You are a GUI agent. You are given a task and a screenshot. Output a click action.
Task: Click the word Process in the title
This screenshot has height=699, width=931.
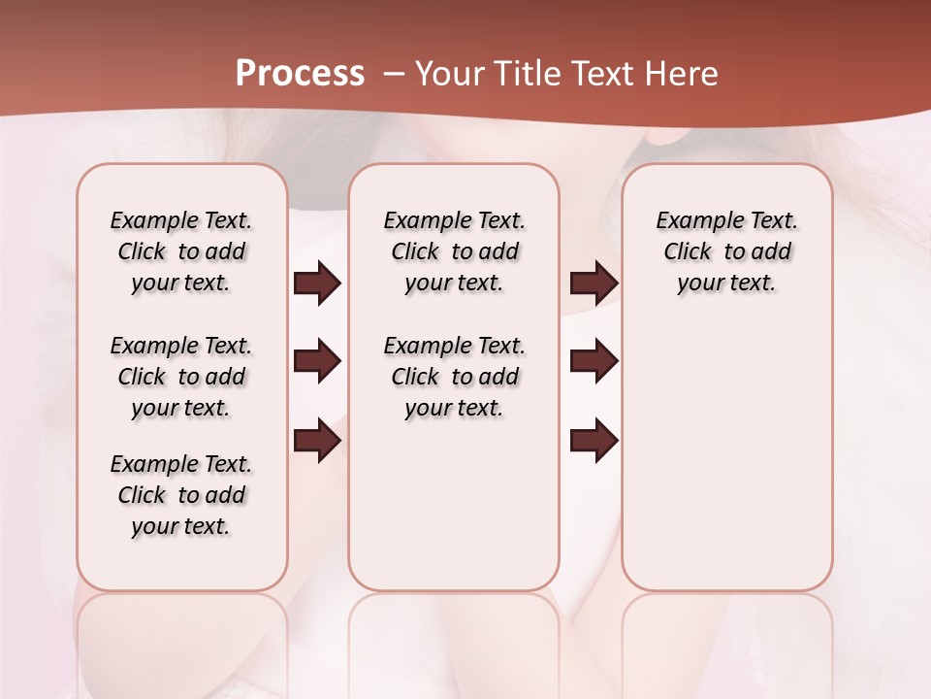300,74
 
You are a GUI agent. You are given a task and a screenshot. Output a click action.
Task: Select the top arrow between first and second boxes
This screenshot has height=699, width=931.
317,283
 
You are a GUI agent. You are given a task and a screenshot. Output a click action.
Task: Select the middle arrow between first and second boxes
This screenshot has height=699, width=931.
317,362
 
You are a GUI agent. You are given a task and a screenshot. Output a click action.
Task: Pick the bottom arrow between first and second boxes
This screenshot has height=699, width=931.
317,441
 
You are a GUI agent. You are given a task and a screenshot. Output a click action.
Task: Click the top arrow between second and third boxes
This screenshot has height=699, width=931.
594,283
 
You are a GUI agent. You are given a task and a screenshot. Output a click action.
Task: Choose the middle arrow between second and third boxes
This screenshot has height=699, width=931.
594,362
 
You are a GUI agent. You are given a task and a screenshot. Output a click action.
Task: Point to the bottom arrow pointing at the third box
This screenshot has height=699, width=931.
594,441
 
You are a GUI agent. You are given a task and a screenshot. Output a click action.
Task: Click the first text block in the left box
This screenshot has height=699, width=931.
181,251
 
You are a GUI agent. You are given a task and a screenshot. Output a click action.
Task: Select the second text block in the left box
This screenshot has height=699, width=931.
181,377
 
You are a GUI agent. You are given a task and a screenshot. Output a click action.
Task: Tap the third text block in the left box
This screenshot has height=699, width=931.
181,495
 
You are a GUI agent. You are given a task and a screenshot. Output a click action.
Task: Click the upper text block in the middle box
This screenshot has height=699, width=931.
454,251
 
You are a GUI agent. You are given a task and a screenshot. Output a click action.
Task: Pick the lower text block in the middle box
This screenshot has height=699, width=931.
454,377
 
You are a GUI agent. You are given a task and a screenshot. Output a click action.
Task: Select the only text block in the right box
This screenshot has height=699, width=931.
726,251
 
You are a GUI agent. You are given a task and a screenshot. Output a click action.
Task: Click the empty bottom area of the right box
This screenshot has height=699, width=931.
726,466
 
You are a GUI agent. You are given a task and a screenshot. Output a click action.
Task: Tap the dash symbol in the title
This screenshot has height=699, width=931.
394,74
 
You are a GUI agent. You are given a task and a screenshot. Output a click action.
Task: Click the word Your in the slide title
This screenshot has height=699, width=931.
449,74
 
